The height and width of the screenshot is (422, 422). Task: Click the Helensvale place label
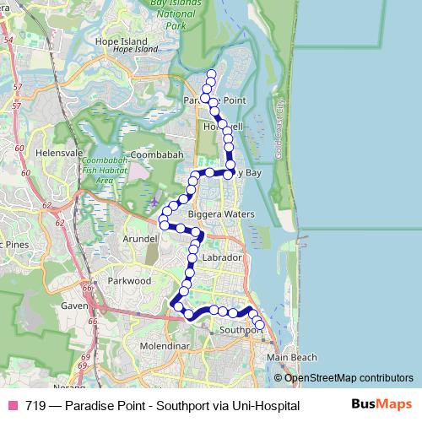click(57, 153)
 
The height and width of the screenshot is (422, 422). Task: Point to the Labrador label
click(223, 257)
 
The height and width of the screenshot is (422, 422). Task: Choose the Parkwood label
click(128, 280)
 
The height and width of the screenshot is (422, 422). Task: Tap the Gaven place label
click(74, 306)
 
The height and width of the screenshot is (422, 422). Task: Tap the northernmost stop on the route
click(211, 74)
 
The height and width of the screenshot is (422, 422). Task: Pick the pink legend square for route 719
click(13, 405)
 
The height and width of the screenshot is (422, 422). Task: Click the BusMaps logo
click(381, 405)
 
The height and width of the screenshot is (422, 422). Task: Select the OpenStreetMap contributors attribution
click(349, 377)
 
